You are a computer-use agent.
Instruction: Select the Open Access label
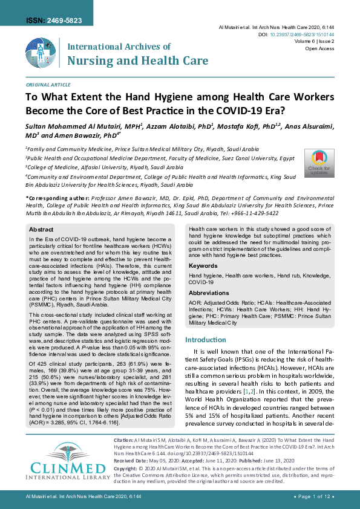(320, 48)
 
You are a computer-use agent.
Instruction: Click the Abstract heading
(41, 230)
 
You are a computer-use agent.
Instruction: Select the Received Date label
(133, 477)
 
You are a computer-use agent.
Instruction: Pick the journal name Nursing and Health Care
(137, 60)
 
